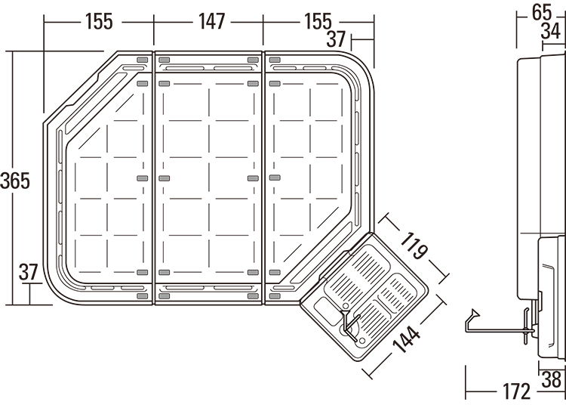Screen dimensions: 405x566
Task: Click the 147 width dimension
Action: point(209,21)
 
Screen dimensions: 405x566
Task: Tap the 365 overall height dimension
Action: point(15,181)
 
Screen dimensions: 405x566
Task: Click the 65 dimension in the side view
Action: point(541,12)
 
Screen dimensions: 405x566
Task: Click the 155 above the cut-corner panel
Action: point(99,21)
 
